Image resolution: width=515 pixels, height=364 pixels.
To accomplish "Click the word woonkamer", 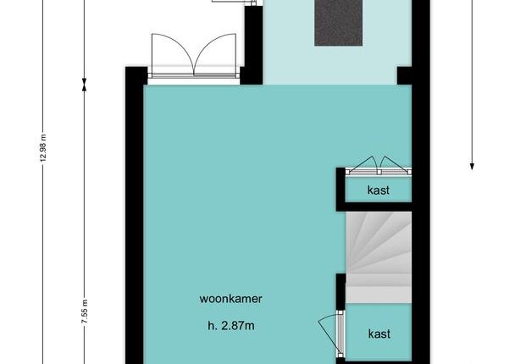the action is tap(231, 299).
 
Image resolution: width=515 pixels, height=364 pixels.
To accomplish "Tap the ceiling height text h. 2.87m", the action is tap(231, 326).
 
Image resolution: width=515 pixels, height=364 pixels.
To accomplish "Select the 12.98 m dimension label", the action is tap(43, 147).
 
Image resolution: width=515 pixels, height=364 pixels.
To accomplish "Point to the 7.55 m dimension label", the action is tap(85, 312).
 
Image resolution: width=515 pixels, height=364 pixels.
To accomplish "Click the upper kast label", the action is tap(379, 190).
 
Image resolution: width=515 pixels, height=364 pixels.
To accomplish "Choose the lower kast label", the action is tap(379, 334).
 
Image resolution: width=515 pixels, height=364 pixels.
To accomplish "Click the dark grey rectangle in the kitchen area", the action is tap(338, 22).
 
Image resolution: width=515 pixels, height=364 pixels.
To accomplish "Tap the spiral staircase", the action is tap(379, 257).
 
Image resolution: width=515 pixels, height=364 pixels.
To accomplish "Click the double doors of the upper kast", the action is tap(379, 166).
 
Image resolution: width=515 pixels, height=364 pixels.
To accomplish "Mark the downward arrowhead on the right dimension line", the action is tap(472, 167).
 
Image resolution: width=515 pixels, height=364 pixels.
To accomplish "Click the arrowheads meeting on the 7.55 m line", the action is tap(85, 85).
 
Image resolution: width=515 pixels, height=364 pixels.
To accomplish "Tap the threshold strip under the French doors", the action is tap(194, 75).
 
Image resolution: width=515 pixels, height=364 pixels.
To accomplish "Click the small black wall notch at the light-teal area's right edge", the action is tap(405, 75).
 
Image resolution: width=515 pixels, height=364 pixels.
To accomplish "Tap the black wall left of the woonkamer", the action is tap(135, 215).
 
